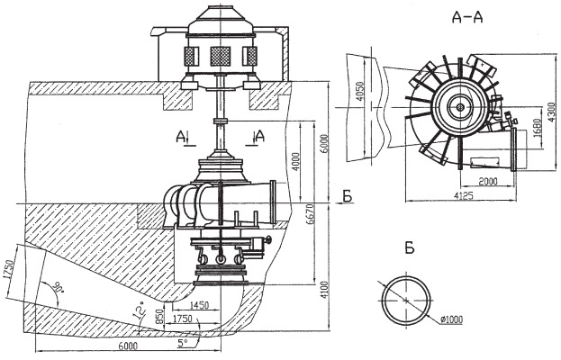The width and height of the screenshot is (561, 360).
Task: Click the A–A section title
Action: click(x=467, y=17)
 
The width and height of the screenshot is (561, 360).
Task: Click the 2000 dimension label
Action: click(x=488, y=182)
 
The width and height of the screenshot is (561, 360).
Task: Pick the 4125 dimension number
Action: click(x=464, y=195)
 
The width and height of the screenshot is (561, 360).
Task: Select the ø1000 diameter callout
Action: click(x=451, y=319)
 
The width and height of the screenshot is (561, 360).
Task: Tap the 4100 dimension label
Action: click(x=324, y=290)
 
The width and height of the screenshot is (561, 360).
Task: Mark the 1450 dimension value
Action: click(x=199, y=305)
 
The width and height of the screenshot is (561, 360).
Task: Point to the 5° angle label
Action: click(x=183, y=343)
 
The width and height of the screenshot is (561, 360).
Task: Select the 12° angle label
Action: click(x=140, y=310)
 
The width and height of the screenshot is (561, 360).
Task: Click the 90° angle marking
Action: click(x=58, y=287)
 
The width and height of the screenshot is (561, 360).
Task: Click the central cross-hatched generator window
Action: click(x=220, y=56)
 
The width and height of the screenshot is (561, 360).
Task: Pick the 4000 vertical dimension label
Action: click(x=296, y=162)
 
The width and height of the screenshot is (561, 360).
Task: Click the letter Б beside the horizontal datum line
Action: click(x=347, y=196)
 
